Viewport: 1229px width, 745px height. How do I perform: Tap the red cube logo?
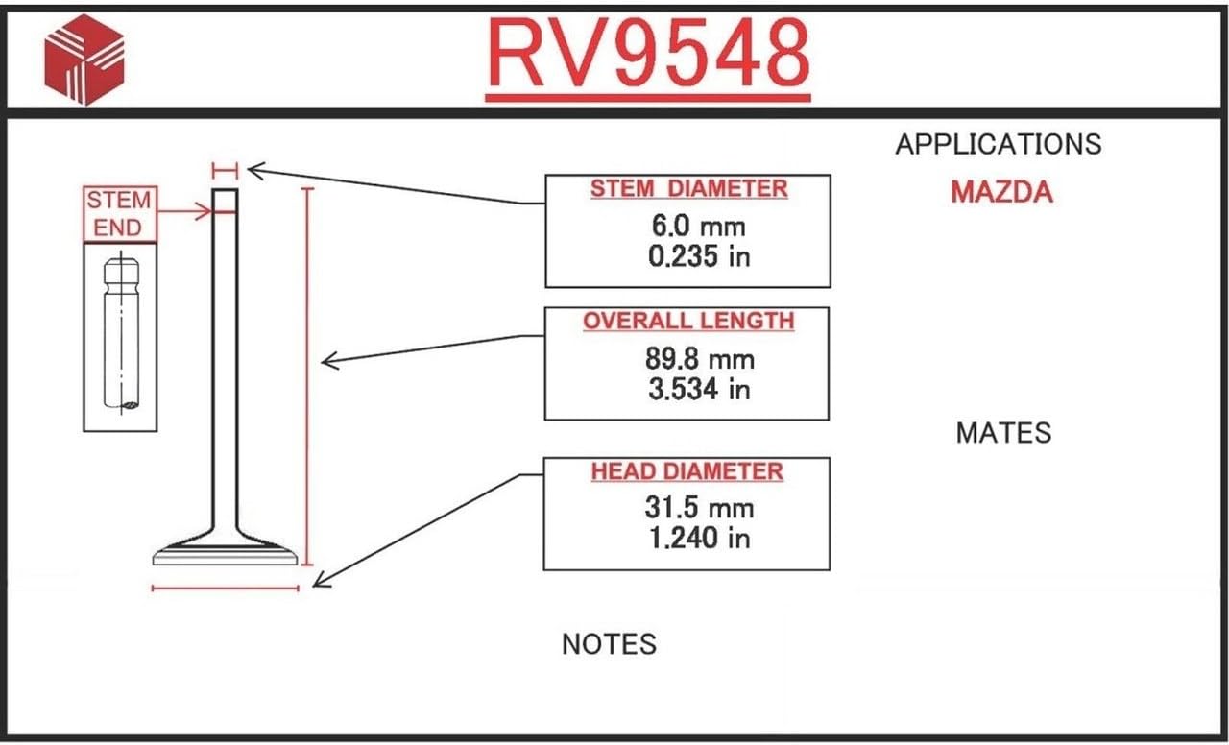click(84, 58)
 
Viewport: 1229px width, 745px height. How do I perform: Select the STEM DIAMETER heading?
click(688, 189)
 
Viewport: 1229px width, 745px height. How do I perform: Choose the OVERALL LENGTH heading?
click(688, 321)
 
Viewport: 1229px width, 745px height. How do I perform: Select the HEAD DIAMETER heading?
click(687, 471)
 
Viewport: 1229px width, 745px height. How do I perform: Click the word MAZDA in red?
click(1001, 192)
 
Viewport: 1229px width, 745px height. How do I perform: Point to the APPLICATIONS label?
click(998, 145)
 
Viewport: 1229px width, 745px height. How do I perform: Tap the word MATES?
click(1003, 433)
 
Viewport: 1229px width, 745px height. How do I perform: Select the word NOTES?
click(609, 643)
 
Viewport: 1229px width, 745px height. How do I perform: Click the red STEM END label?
click(119, 214)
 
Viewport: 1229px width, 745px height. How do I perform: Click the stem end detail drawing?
click(120, 336)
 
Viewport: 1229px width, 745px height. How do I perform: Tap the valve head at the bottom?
click(226, 552)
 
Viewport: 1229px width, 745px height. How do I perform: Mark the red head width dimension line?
click(226, 588)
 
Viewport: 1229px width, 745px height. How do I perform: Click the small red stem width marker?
click(225, 171)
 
